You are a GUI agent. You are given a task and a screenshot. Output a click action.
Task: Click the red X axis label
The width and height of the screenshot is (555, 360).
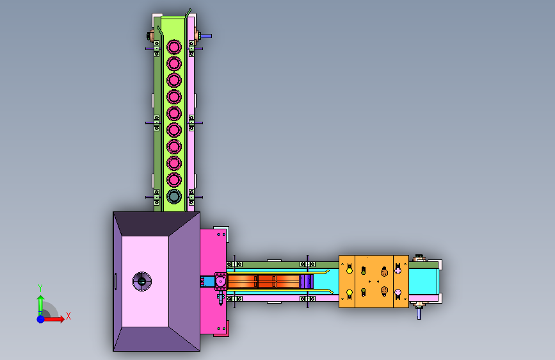point(68,316)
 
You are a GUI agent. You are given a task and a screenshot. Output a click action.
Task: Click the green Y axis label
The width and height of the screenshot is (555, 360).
point(40,288)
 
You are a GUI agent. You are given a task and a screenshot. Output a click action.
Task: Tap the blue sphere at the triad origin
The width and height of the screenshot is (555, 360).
point(41,319)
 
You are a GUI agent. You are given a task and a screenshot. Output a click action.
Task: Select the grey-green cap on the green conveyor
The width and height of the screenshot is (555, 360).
point(173,196)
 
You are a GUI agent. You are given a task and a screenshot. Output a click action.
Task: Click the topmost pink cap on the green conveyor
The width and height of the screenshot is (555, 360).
point(173,47)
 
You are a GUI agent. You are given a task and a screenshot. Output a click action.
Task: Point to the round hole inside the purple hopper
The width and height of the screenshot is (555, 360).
point(141,281)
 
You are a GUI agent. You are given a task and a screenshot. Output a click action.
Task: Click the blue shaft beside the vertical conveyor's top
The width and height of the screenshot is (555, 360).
point(206,36)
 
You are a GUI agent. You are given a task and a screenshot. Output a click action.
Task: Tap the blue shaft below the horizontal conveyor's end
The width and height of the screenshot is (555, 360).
point(419,314)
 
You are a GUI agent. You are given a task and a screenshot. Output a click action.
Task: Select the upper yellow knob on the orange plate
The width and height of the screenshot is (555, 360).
point(350,270)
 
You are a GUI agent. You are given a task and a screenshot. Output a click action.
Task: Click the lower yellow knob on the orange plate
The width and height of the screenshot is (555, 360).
point(350,293)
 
